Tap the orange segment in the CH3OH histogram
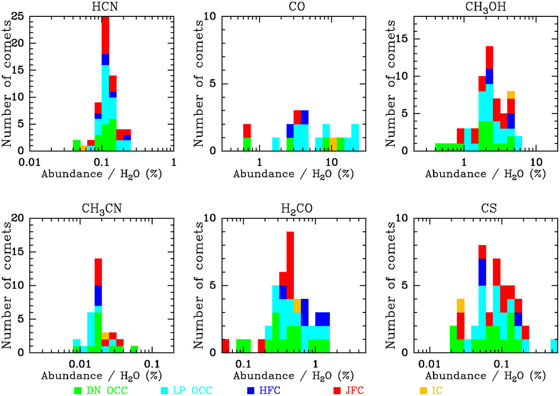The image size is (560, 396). click(511, 95)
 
